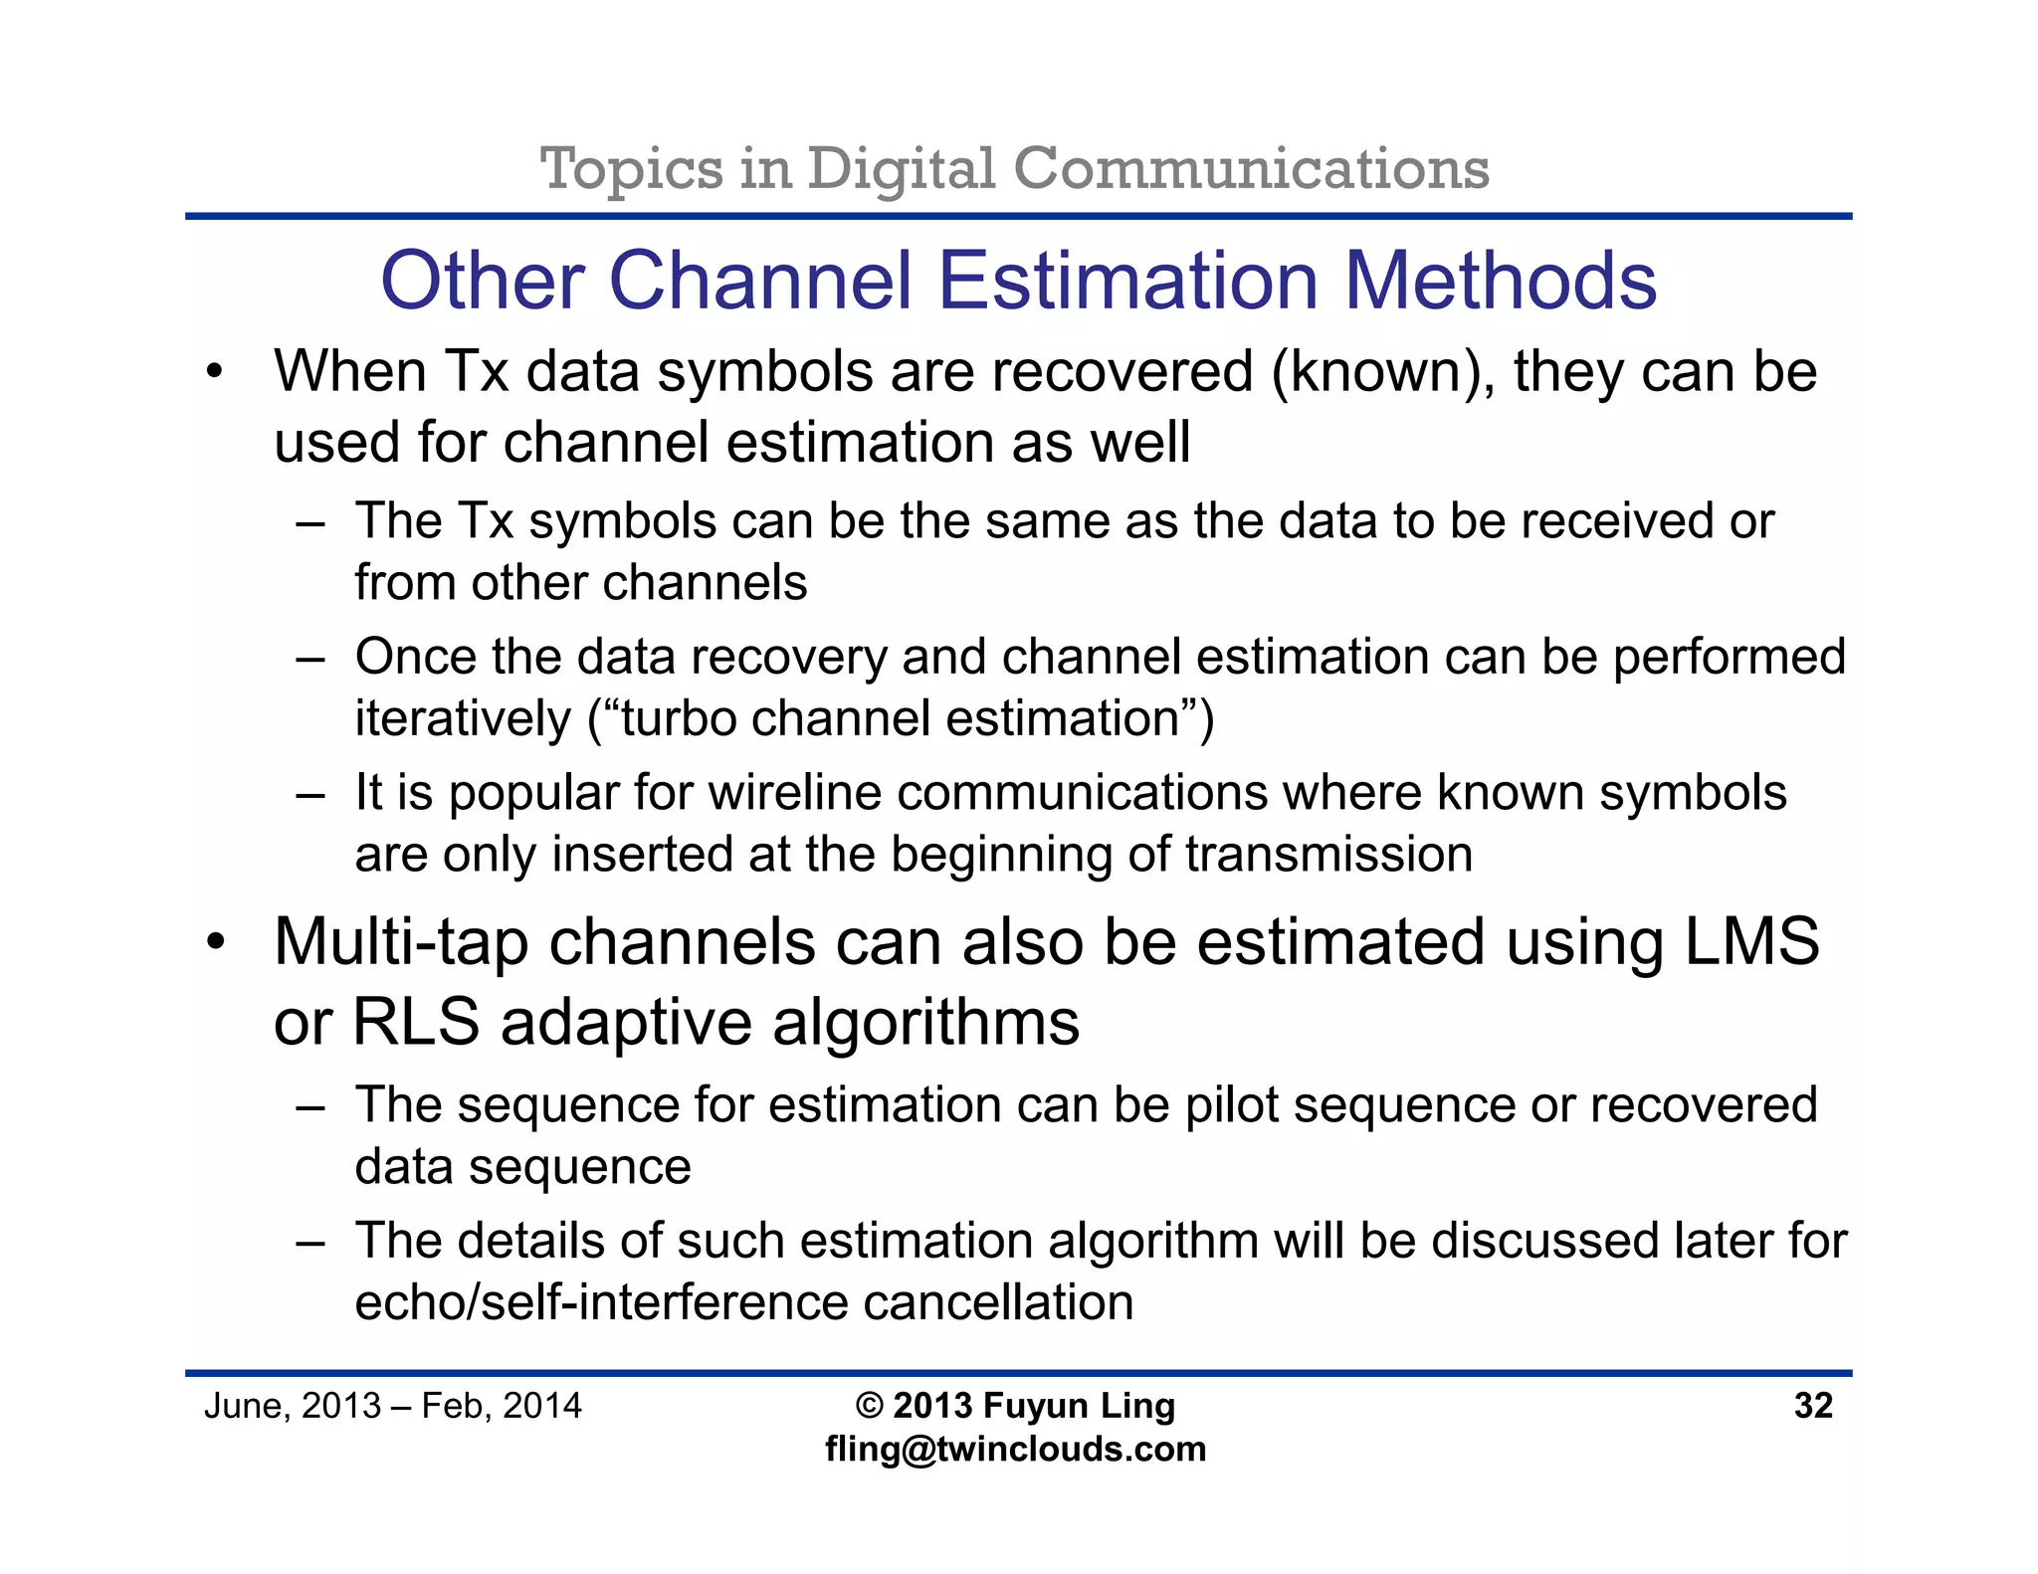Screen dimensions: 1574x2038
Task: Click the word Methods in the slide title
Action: point(1500,281)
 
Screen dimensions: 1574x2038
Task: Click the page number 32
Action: point(1812,1405)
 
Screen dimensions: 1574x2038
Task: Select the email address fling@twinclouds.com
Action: point(1015,1449)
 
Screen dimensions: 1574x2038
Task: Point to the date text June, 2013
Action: point(293,1405)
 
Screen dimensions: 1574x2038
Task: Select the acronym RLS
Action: point(416,1022)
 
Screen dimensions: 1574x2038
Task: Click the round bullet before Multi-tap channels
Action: point(215,941)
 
